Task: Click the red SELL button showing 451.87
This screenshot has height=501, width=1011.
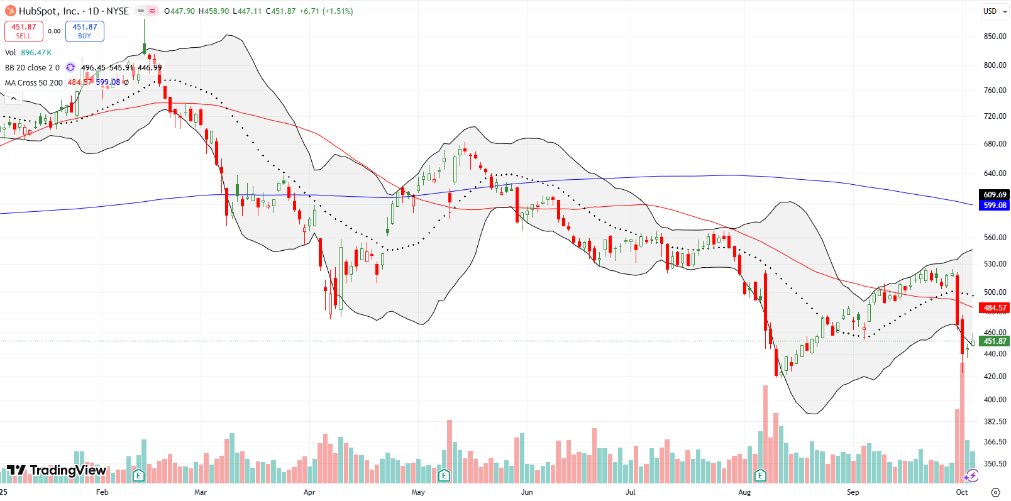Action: pos(24,31)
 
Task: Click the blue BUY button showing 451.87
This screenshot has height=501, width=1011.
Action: pos(84,31)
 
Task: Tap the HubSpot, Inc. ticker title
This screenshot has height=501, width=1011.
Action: pos(48,11)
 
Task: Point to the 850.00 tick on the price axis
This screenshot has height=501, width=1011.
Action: pos(995,36)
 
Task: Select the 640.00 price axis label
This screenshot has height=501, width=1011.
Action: pos(995,173)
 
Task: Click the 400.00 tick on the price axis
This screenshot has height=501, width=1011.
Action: pos(995,400)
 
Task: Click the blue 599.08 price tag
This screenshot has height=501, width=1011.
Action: pos(995,206)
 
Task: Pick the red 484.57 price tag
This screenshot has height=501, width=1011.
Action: pos(995,308)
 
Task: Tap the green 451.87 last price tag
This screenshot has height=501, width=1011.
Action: pos(995,341)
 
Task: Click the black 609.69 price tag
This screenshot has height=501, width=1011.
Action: pos(995,195)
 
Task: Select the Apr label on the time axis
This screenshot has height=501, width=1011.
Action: pos(309,492)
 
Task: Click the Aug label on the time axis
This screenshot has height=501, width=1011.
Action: pos(744,492)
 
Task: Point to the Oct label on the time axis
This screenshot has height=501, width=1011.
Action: pos(962,492)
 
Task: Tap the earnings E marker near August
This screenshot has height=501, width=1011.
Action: pos(760,475)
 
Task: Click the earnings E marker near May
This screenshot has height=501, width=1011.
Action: pos(444,475)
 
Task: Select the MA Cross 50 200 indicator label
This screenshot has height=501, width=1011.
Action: pos(34,82)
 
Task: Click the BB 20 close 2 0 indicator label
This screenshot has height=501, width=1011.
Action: pos(32,67)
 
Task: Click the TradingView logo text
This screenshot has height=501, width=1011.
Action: pos(68,470)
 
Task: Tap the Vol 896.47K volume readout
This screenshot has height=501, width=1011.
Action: pos(28,53)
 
